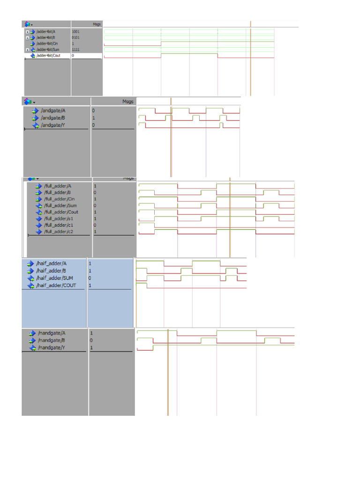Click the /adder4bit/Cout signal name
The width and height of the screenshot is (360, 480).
tap(48, 55)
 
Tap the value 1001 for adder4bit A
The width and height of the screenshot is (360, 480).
tap(75, 31)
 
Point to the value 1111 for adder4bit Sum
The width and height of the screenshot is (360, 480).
tap(75, 49)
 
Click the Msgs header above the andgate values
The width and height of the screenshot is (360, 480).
tap(127, 101)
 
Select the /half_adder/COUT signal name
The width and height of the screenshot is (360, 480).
tap(56, 285)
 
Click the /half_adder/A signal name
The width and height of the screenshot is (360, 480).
tap(52, 263)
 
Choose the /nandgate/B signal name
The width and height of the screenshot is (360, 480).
tap(52, 340)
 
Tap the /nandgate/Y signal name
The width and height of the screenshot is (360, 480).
tap(52, 348)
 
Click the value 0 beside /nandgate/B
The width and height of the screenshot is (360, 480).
tap(91, 340)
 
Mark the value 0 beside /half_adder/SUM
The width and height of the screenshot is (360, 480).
tap(90, 278)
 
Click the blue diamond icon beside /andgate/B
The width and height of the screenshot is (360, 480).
tap(35, 118)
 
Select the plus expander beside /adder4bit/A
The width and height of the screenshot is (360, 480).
tap(27, 31)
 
